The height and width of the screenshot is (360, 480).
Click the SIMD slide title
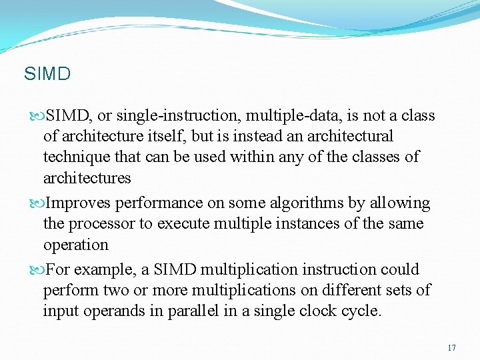[47, 73]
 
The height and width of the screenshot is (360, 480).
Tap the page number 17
[452, 348]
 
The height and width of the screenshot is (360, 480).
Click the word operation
[75, 245]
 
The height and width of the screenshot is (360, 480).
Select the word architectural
[346, 137]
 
